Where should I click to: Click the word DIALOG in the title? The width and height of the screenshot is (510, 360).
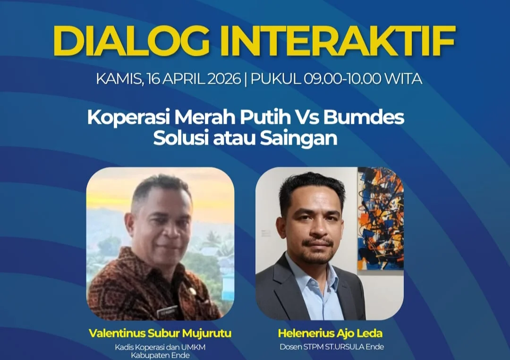coord(131,41)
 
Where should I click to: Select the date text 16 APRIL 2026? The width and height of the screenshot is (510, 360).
coord(194,79)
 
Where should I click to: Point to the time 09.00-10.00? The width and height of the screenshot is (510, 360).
coord(342,79)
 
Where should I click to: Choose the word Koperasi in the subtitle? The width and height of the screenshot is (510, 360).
coord(129,118)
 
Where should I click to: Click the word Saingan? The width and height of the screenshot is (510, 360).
coord(298,138)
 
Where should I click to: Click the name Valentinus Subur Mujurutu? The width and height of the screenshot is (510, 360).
coord(160,334)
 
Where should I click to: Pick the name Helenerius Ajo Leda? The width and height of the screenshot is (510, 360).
coord(330,334)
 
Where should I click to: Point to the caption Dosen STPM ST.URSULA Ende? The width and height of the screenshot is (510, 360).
coord(332,347)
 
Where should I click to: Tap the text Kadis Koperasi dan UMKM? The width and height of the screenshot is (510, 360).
coord(160,347)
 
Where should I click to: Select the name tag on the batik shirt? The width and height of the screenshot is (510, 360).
coord(167,312)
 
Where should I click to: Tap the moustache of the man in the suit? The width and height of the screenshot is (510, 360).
coord(318,242)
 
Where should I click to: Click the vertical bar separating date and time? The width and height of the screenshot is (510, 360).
coord(246,79)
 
